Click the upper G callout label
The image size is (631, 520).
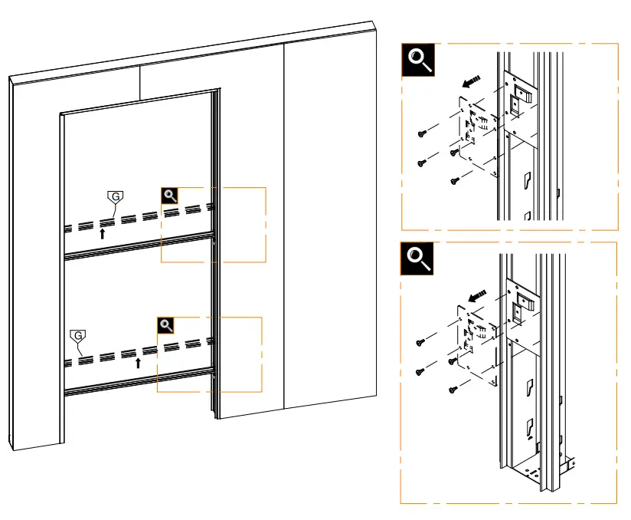[115, 197]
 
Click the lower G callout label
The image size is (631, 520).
[77, 336]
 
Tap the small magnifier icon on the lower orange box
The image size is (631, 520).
[166, 325]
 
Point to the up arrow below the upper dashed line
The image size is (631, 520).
[103, 233]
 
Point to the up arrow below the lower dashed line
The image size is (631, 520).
[139, 362]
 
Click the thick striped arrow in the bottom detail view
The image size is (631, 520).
[476, 294]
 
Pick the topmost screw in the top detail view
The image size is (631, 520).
[421, 134]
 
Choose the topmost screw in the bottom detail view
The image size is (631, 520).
[420, 341]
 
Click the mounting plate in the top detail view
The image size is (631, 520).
[479, 130]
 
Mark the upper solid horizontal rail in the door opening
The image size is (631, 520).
[138, 246]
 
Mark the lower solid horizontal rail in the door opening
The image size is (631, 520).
[138, 381]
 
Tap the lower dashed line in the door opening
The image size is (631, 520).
[138, 351]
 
